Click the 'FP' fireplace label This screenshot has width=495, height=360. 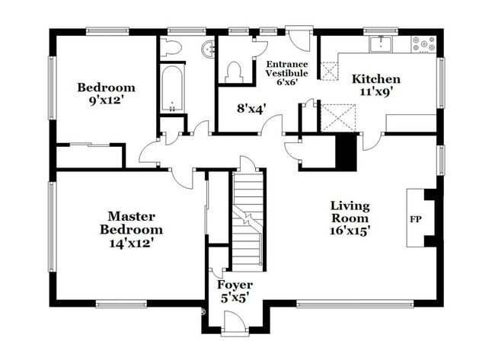(x=416, y=220)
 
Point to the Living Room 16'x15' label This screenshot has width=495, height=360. (x=350, y=218)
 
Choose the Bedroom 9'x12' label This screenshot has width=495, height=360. (x=106, y=94)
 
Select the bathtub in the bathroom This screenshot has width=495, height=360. (x=173, y=90)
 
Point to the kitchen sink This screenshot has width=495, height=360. (x=381, y=44)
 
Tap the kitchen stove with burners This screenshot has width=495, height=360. (x=423, y=43)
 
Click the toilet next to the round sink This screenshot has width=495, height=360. (x=171, y=49)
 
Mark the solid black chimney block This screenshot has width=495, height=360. (x=346, y=151)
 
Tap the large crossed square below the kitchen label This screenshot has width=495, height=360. (x=334, y=119)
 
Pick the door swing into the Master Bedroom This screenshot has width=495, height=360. (x=180, y=177)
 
